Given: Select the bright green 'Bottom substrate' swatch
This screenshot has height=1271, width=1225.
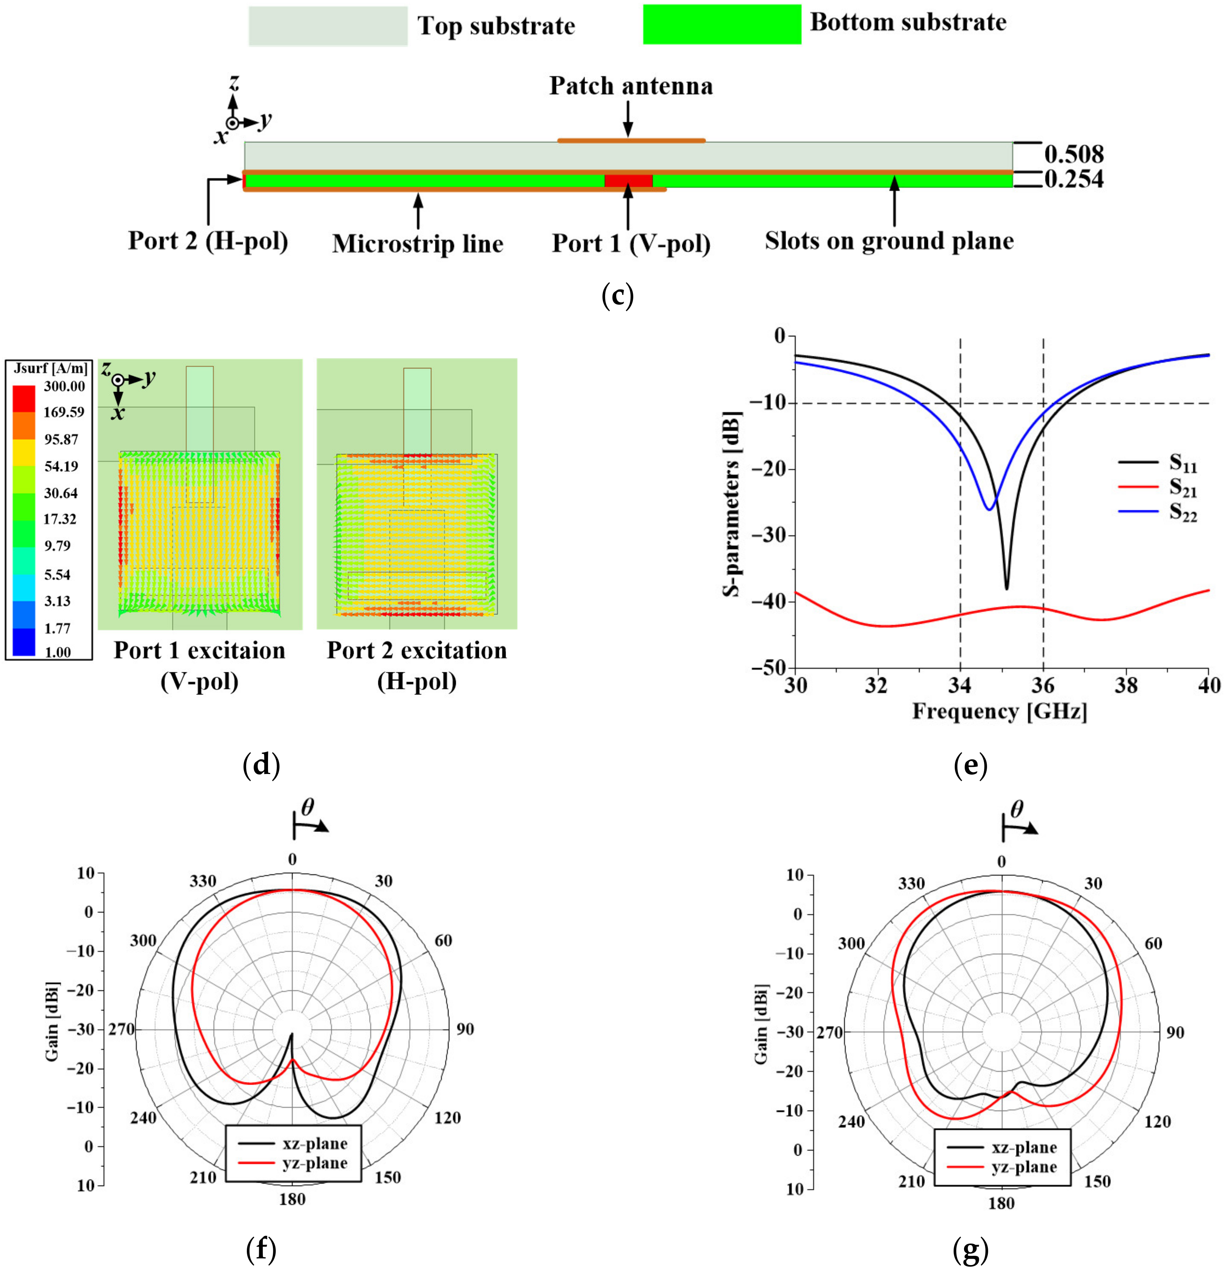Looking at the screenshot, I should point(721,24).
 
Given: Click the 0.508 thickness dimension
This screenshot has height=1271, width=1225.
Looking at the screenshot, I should point(1073,154).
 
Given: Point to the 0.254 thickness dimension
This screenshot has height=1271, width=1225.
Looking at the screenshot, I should point(1073,179).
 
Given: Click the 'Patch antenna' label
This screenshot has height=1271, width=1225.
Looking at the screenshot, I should point(630,86).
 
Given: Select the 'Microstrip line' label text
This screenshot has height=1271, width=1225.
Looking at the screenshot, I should point(418,244).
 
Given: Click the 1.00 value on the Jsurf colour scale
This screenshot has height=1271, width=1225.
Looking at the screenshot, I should point(57,652).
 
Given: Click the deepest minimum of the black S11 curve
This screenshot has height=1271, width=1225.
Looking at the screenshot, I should point(1006,588).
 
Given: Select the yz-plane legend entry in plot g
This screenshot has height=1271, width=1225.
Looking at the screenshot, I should point(1024,1167).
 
